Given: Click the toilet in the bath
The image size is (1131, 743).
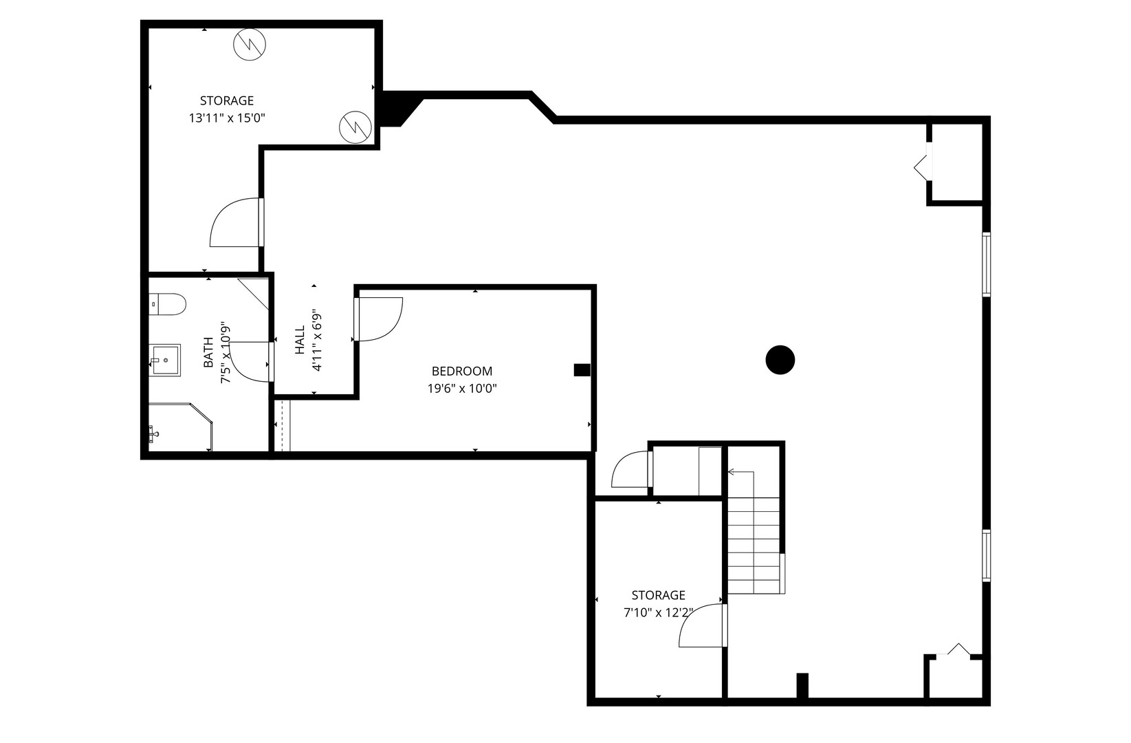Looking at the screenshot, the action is coord(168,305).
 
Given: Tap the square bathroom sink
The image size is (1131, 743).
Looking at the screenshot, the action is coord(164,360).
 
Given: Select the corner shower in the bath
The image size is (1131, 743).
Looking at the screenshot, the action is coord(181,427).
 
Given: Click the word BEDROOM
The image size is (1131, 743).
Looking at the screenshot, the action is coord(462,371).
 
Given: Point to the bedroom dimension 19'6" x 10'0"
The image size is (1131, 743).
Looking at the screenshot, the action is coord(462,389).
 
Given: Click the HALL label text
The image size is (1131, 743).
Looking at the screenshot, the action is coord(300,339).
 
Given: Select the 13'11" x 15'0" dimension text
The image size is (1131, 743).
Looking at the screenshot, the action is coord(227,118).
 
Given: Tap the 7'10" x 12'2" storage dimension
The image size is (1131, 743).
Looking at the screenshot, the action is coord(658,613).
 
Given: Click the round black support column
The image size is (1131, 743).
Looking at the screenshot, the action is coord(780,360).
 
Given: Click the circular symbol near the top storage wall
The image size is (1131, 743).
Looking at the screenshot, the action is coord(250,45).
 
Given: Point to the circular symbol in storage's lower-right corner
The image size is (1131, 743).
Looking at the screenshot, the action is coord(355,127).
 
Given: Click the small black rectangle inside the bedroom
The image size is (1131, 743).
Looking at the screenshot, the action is coord(582,370).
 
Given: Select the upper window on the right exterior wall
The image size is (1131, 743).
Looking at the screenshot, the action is coord(986,263).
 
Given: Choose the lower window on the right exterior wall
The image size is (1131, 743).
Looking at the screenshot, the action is coord(986,555).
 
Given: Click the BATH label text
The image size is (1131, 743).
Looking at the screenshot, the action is coord(208,352).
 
